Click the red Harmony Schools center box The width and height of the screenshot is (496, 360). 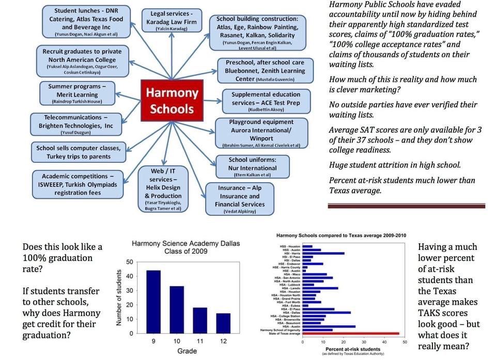click(x=172, y=101)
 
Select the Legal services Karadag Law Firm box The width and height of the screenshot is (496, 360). click(x=172, y=21)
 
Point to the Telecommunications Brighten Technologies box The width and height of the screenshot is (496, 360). click(x=79, y=125)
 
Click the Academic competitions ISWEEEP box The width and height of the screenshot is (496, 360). click(x=79, y=184)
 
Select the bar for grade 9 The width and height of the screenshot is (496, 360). click(x=153, y=302)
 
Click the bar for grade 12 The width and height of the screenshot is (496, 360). click(x=223, y=323)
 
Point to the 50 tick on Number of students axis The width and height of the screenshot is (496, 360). click(x=129, y=262)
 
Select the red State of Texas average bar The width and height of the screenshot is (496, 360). click(x=351, y=334)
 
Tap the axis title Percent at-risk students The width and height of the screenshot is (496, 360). click(x=353, y=349)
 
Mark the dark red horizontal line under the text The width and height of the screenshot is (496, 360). click(x=407, y=206)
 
